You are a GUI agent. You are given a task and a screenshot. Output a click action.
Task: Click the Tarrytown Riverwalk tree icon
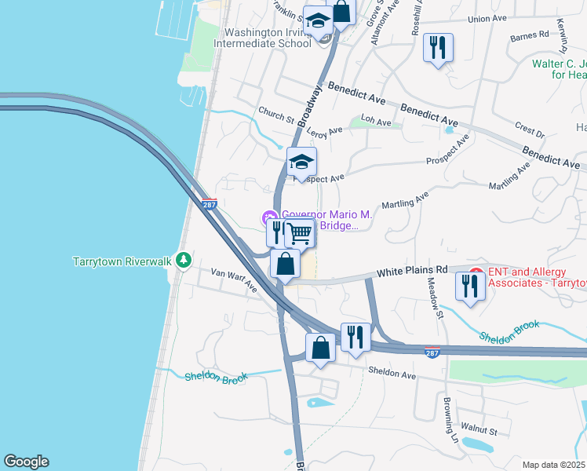coord(183,260)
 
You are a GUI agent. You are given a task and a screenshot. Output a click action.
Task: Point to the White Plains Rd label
coord(411,271)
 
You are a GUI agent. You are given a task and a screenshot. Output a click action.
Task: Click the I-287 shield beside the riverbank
coord(209,205)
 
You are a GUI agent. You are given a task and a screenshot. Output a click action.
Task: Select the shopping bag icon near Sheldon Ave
coord(321,347)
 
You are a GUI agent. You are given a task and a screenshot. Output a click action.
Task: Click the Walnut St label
coord(479,431)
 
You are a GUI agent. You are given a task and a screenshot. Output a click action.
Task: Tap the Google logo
coord(26,462)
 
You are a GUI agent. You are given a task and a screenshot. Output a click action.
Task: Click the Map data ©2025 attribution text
coord(553,465)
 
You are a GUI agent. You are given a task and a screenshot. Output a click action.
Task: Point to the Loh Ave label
coord(375,122)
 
